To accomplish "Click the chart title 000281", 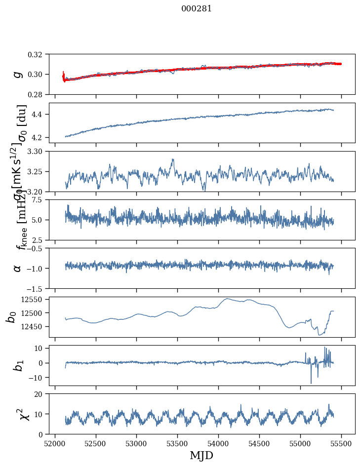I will [x=197, y=8].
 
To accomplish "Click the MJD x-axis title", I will [x=201, y=455].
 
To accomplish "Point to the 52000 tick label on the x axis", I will [x=55, y=443].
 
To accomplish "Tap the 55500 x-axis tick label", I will [x=342, y=443].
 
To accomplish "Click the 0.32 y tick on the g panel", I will [x=39, y=54].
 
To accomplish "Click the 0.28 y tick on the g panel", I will [x=39, y=94].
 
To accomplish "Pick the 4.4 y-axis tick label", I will [x=40, y=114].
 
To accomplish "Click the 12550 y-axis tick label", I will [x=36, y=299].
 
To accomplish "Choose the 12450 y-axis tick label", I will [x=36, y=326].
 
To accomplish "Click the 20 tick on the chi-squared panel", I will [x=41, y=393].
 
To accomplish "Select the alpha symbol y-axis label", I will [x=18, y=268].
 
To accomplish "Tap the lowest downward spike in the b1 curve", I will [x=311, y=383].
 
